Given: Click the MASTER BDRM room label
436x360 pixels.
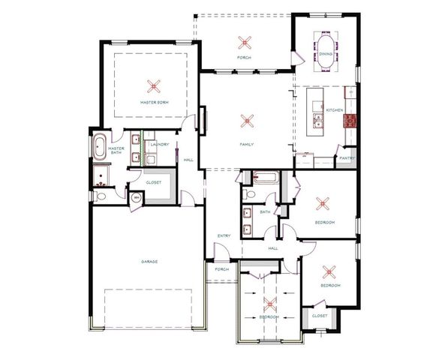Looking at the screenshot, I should [x=153, y=101].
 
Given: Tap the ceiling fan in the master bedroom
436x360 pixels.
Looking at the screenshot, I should [x=154, y=85].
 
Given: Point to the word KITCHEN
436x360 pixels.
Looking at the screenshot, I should [x=334, y=110].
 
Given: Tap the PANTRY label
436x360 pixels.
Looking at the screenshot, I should [x=346, y=158].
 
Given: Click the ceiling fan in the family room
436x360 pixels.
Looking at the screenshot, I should [x=246, y=118].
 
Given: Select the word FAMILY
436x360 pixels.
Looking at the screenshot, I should [x=246, y=144].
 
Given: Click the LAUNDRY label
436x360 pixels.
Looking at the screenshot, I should [x=159, y=143].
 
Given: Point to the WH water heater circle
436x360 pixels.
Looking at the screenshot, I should [x=136, y=199].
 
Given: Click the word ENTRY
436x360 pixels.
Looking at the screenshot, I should [x=224, y=236].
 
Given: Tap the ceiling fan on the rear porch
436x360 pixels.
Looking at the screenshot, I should [x=242, y=41].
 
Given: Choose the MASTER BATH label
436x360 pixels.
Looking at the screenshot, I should [x=116, y=151].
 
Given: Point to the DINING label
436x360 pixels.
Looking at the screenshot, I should [x=326, y=54].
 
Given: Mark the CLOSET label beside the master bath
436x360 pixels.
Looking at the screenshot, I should [x=154, y=181].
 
